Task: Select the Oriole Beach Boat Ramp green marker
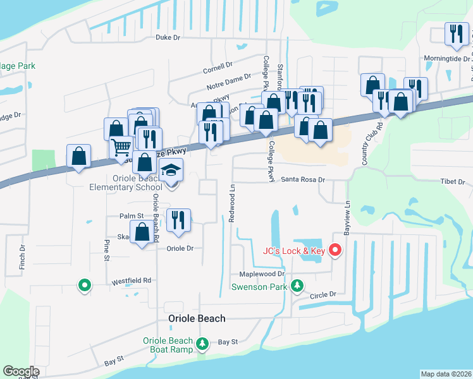(202, 344)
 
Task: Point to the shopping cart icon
(121, 148)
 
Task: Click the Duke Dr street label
(168, 38)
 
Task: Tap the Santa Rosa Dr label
(303, 180)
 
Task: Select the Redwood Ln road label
(232, 202)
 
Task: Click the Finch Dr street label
(22, 255)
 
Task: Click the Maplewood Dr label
(262, 274)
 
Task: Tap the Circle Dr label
(322, 295)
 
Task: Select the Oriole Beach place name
(196, 318)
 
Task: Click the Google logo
(21, 371)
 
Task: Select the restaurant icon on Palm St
(178, 219)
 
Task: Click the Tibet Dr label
(452, 182)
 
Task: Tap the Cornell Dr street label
(218, 64)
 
